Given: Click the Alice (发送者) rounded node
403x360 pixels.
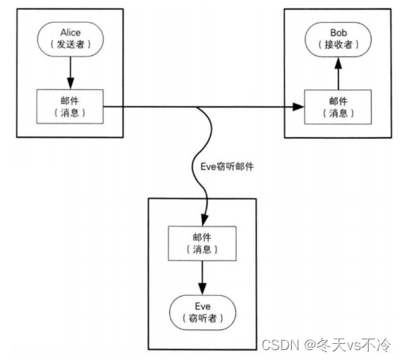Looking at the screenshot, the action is pyautogui.click(x=70, y=39).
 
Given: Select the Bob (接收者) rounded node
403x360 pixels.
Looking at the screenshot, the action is pyautogui.click(x=338, y=40).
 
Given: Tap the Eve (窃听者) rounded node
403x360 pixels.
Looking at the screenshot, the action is pyautogui.click(x=203, y=313).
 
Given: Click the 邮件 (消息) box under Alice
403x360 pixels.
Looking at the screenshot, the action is pyautogui.click(x=70, y=107).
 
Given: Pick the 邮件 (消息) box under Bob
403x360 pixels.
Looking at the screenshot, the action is pyautogui.click(x=338, y=107).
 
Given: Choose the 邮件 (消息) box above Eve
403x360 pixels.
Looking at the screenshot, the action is pyautogui.click(x=203, y=243).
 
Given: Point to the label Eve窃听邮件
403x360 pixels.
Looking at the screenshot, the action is pyautogui.click(x=227, y=167).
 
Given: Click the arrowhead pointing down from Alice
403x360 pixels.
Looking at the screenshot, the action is pyautogui.click(x=70, y=83).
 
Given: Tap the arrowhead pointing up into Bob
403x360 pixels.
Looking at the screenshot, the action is pyautogui.click(x=338, y=63).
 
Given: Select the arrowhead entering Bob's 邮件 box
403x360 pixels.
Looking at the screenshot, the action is pyautogui.click(x=299, y=107).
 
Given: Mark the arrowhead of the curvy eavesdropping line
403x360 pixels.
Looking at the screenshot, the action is pyautogui.click(x=204, y=220).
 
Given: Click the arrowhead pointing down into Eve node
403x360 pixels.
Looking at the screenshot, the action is pyautogui.click(x=203, y=289).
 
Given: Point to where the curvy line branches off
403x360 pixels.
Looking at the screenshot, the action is pyautogui.click(x=197, y=107).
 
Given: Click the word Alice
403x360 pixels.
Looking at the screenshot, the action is pyautogui.click(x=70, y=33).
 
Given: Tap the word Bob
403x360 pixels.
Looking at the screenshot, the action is pyautogui.click(x=338, y=33).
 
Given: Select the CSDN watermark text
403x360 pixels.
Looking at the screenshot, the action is pyautogui.click(x=280, y=345).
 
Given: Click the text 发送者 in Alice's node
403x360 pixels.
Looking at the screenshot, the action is pyautogui.click(x=70, y=44).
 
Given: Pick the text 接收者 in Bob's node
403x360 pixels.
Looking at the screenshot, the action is pyautogui.click(x=338, y=45).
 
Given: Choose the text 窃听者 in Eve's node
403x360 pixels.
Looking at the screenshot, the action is pyautogui.click(x=203, y=318).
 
